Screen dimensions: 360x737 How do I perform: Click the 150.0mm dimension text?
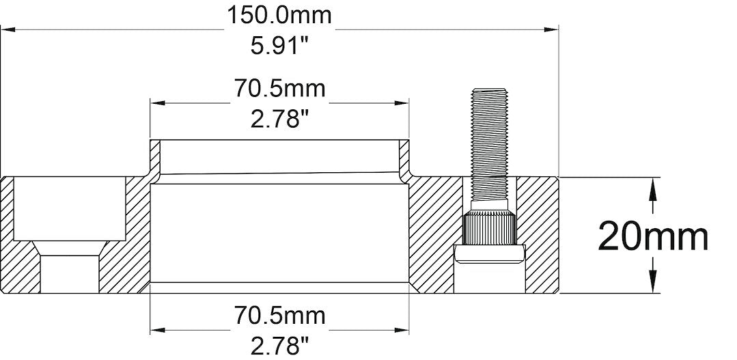(279, 15)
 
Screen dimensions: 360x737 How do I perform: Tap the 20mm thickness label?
(653, 236)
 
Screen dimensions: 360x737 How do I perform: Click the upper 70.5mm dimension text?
(279, 89)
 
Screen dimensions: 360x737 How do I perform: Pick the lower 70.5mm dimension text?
(279, 316)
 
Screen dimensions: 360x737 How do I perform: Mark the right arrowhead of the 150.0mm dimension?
(551, 29)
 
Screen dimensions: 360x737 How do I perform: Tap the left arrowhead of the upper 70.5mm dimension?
(158, 103)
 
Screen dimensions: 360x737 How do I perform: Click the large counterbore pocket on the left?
(68, 208)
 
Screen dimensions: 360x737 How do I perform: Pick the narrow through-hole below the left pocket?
(68, 273)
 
